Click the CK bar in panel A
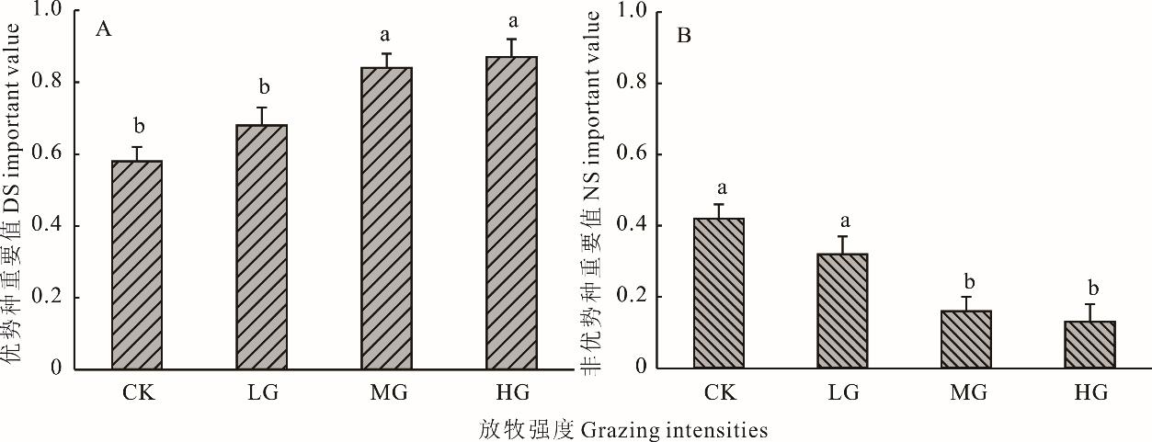[x=137, y=265]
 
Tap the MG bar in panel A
[x=386, y=218]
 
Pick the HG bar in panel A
[x=511, y=212]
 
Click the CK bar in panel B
[x=718, y=293]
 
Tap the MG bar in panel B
[x=966, y=339]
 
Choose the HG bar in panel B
[x=1089, y=345]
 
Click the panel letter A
[x=104, y=30]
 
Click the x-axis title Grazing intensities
[x=622, y=429]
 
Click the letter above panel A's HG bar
[x=511, y=20]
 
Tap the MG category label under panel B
[x=966, y=393]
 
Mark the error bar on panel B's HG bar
[x=1089, y=312]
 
